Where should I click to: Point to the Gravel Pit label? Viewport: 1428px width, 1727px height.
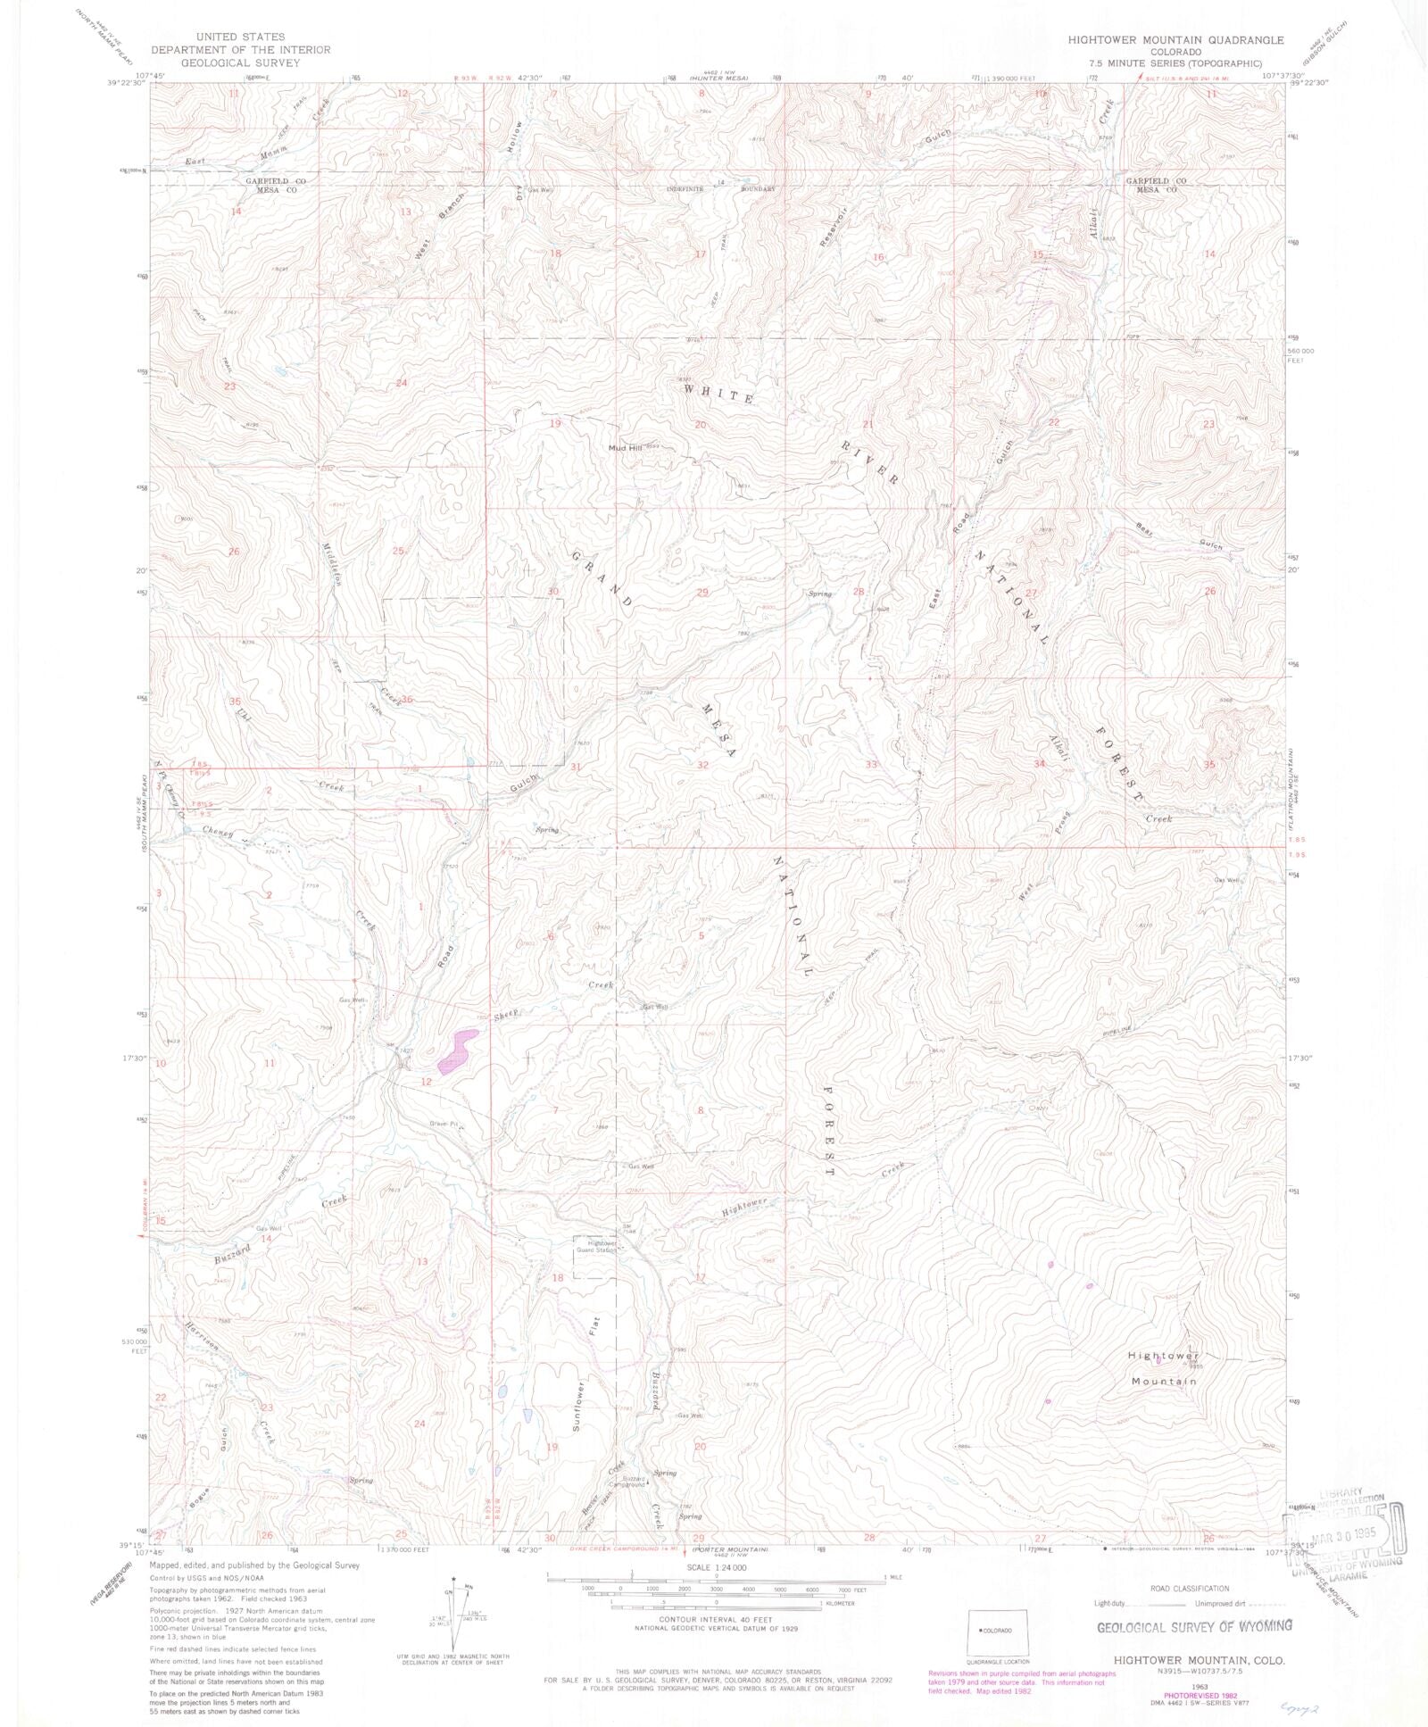point(443,1124)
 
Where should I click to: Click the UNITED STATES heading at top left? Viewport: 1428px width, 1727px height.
point(218,37)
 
